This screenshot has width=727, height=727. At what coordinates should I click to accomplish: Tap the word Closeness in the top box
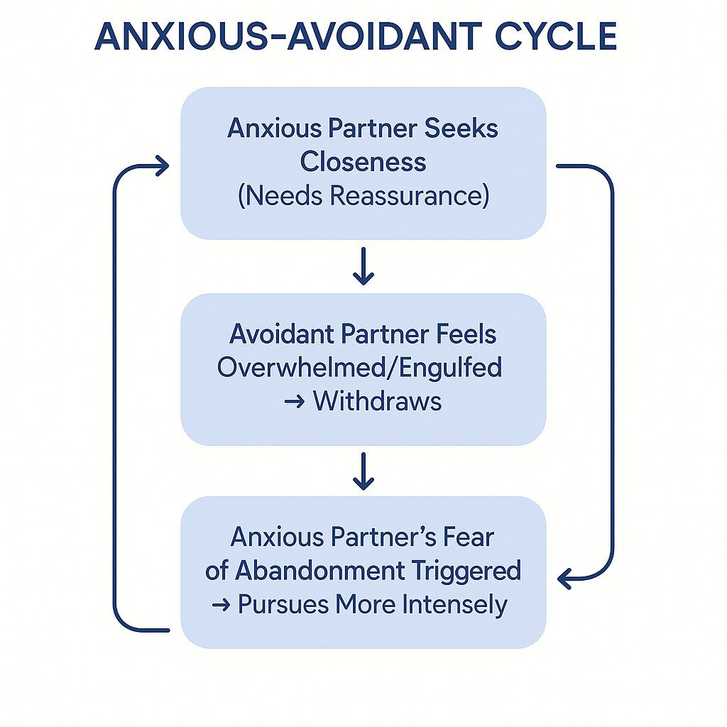pos(363,161)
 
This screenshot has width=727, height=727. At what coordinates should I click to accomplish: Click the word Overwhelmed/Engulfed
pos(359,367)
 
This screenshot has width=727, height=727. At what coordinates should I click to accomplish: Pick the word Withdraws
pos(377,401)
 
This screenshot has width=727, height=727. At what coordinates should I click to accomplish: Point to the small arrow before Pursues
pos(221,606)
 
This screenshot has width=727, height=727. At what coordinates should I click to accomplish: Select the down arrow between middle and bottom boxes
pos(363,473)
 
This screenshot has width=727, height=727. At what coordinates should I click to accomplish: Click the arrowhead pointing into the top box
pos(163,167)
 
